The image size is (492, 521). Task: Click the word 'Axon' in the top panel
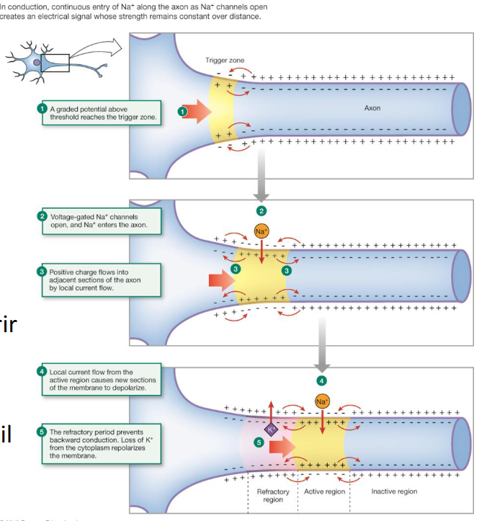(x=372, y=108)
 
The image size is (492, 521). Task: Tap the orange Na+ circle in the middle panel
(x=261, y=232)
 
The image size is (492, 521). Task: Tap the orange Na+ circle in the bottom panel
(x=321, y=401)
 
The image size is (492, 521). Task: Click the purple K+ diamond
(x=272, y=430)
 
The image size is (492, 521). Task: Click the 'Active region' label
(x=324, y=492)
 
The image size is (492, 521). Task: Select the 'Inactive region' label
(x=393, y=491)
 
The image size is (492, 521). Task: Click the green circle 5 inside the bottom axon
(x=259, y=444)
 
